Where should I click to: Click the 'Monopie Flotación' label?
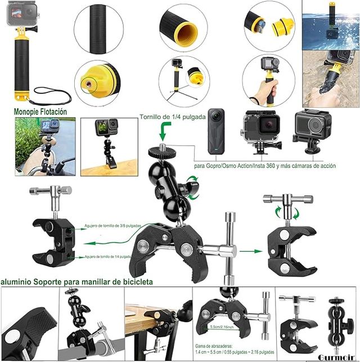coord(40,111)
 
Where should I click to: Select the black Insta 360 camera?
coord(216,132)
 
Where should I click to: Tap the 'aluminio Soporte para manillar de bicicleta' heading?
coord(76,280)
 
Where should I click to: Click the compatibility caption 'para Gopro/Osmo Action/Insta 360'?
coord(264,166)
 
